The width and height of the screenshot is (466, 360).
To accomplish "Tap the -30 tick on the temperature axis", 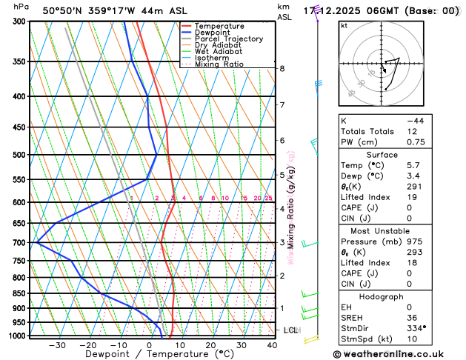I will tap(57, 345).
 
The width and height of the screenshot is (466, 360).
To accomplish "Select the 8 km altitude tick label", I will tap(282, 69).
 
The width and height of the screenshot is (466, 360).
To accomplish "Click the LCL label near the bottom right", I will tap(291, 330).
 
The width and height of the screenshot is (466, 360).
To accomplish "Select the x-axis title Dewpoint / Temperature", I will tap(150, 355).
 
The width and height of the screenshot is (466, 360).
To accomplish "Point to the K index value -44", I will tap(414, 120).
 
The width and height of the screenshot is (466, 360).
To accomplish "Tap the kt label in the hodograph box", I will tap(344, 26).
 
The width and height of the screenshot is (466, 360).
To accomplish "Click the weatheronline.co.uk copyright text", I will tap(398, 354).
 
